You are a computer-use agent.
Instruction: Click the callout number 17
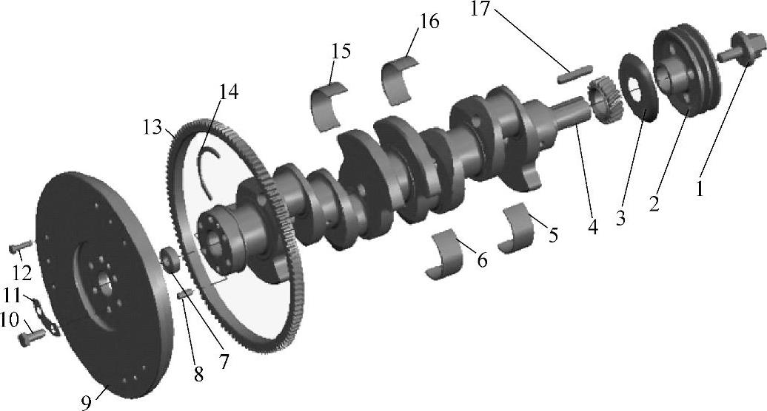[480, 8]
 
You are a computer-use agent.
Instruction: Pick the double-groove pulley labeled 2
[687, 73]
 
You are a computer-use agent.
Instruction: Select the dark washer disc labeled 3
[638, 88]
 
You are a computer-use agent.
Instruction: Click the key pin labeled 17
[575, 74]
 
